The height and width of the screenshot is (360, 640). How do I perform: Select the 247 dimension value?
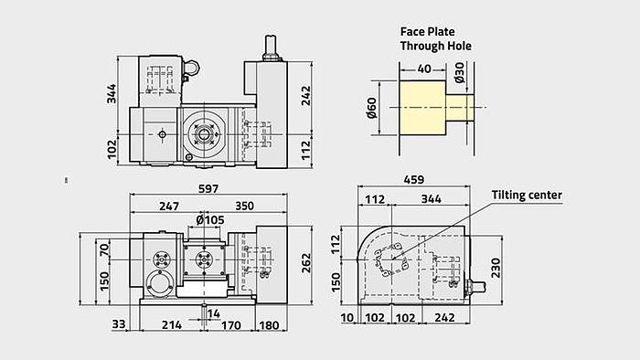(168, 206)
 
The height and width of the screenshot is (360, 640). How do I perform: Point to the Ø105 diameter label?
(211, 220)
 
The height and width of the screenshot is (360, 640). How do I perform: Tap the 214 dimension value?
(169, 323)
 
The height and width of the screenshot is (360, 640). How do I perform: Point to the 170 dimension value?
(230, 323)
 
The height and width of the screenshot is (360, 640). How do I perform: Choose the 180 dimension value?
(270, 323)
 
